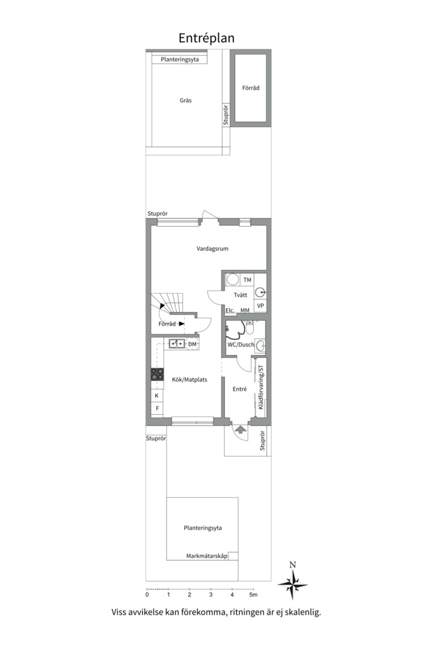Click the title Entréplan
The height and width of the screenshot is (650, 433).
206,38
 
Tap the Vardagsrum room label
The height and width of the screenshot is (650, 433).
212,249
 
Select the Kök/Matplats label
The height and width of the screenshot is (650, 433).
189,380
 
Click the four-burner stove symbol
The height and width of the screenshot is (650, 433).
157,374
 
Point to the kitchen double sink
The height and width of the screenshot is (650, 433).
176,344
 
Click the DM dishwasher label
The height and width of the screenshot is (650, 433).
192,344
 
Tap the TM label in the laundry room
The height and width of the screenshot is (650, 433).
247,280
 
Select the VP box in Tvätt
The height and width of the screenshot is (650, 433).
260,306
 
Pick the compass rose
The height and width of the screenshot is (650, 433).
293,583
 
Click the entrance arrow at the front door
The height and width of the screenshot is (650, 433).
240,429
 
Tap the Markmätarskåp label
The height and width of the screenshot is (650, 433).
207,557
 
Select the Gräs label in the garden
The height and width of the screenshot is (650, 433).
186,101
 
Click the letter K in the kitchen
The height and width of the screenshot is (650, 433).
157,396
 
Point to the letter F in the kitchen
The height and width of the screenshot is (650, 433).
157,409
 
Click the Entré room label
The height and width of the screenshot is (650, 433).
240,389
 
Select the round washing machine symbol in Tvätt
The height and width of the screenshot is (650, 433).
233,280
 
